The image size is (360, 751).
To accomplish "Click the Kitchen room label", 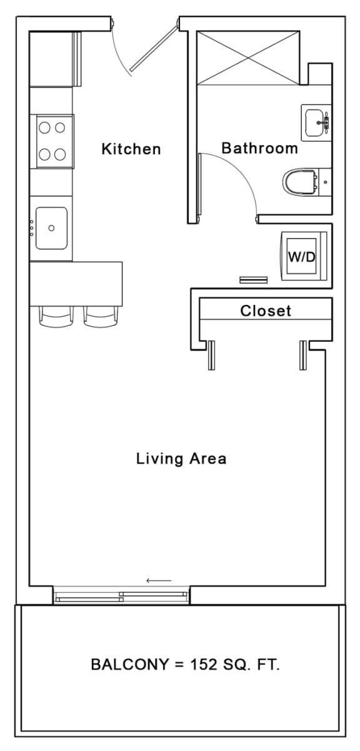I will pyautogui.click(x=131, y=149).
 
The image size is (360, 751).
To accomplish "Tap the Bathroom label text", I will pyautogui.click(x=259, y=148).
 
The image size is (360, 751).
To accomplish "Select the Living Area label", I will pyautogui.click(x=181, y=459).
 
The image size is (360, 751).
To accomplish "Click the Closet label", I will pyautogui.click(x=266, y=311).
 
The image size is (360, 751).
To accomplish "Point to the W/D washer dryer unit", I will pyautogui.click(x=302, y=257).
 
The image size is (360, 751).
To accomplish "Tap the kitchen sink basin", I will pyautogui.click(x=51, y=228).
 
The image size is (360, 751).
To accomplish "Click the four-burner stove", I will pyautogui.click(x=54, y=141).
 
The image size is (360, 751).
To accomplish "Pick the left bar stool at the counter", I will pyautogui.click(x=57, y=316).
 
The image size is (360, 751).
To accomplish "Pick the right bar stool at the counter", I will pyautogui.click(x=101, y=316).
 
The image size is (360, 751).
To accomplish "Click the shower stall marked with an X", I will pyautogui.click(x=249, y=57).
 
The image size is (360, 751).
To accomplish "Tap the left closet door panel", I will pyautogui.click(x=211, y=355).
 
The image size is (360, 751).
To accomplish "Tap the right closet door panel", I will pyautogui.click(x=304, y=355).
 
